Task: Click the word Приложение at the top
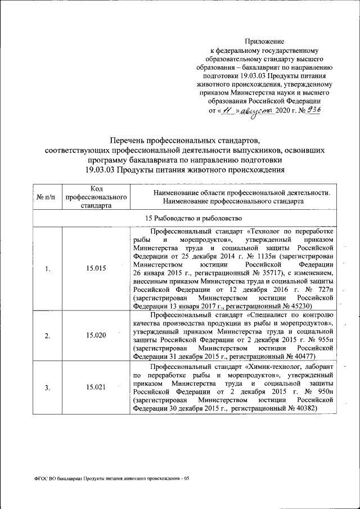(264, 41)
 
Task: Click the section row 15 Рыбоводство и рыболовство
(185, 218)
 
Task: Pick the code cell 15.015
(96, 268)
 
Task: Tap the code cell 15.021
(96, 387)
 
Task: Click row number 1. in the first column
(48, 268)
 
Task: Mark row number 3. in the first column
(48, 387)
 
